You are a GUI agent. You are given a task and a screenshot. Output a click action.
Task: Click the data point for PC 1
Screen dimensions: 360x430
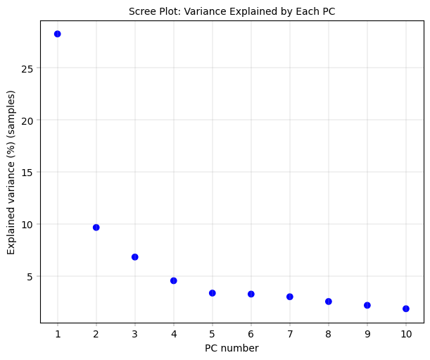coord(57,34)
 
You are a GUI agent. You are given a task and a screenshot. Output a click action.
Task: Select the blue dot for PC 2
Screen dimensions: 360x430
coord(96,228)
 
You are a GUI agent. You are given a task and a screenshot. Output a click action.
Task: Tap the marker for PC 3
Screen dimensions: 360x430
coord(134,257)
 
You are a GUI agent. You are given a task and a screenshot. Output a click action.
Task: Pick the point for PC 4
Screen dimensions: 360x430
coord(173,280)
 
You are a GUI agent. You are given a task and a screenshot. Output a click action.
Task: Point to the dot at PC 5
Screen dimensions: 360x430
coord(212,293)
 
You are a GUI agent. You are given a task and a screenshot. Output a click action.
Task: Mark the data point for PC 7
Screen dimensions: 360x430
coord(289,297)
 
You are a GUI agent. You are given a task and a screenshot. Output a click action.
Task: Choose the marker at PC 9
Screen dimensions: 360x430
coord(367,305)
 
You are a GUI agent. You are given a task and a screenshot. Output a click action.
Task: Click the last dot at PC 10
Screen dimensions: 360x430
coord(405,309)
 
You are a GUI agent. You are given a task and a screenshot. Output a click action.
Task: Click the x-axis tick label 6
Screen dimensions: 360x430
coord(251,333)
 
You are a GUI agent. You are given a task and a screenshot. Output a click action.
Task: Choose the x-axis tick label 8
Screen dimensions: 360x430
coord(328,333)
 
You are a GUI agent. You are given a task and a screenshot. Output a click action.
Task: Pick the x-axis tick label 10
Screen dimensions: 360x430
coord(405,333)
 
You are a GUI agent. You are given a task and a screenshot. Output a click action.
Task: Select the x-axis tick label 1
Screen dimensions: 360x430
coord(57,333)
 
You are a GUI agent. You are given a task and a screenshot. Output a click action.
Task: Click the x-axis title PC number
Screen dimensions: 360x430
coord(232,348)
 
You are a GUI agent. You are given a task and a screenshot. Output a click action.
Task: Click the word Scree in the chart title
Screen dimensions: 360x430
coord(142,11)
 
